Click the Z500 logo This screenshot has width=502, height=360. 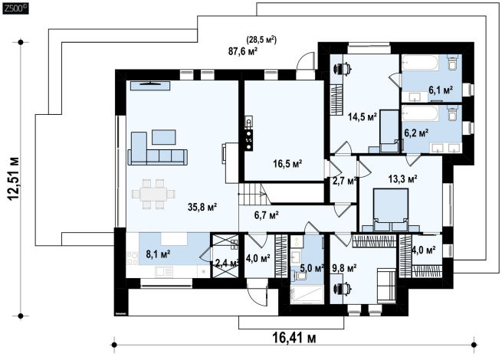(15, 8)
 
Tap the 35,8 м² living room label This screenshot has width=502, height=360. (202, 207)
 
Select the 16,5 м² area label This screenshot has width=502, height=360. (287, 164)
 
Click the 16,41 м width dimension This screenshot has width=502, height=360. (294, 337)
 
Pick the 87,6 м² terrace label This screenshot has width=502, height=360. (243, 51)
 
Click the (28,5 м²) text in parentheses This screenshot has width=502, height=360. (261, 40)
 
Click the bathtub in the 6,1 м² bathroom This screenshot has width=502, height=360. (420, 62)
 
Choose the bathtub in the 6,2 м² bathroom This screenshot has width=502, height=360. (420, 113)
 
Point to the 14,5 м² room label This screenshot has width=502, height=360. (363, 116)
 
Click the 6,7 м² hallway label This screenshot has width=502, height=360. (267, 215)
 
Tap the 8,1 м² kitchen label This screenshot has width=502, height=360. (158, 254)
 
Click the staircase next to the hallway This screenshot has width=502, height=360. (255, 194)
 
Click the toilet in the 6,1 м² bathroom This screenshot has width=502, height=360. (453, 63)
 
